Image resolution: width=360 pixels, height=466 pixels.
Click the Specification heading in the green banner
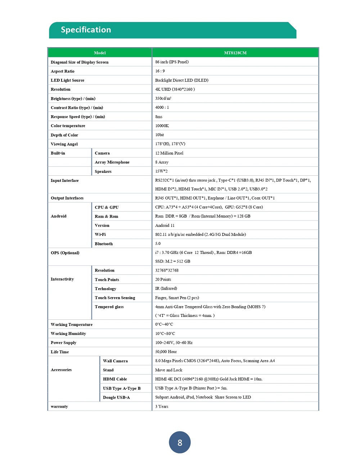[86, 30]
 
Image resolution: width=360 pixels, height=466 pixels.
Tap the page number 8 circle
[180, 442]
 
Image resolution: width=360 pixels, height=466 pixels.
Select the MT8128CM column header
[235, 53]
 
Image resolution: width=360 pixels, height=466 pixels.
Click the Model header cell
[100, 53]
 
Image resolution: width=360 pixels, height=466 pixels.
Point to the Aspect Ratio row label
[63, 71]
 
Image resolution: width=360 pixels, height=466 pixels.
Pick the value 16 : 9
[160, 71]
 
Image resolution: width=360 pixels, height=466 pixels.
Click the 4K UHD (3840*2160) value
[175, 89]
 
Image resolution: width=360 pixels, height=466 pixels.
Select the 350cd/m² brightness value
[163, 98]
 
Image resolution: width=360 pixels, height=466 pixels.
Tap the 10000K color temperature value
[162, 126]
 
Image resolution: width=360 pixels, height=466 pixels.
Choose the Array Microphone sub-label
[112, 162]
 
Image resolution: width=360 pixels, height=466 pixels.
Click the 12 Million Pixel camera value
[169, 153]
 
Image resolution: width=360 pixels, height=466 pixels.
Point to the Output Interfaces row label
[67, 198]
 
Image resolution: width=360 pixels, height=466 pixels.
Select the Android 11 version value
[165, 225]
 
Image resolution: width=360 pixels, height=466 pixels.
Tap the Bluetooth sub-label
[104, 244]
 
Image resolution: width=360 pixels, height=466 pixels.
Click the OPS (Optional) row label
[65, 253]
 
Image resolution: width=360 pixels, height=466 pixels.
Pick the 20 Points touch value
[163, 279]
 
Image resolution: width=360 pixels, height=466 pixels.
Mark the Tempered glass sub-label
[109, 307]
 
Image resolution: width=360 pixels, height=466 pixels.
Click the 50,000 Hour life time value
[166, 352]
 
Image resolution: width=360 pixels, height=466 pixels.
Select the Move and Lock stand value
[168, 370]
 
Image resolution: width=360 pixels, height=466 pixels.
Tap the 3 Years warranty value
[162, 407]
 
